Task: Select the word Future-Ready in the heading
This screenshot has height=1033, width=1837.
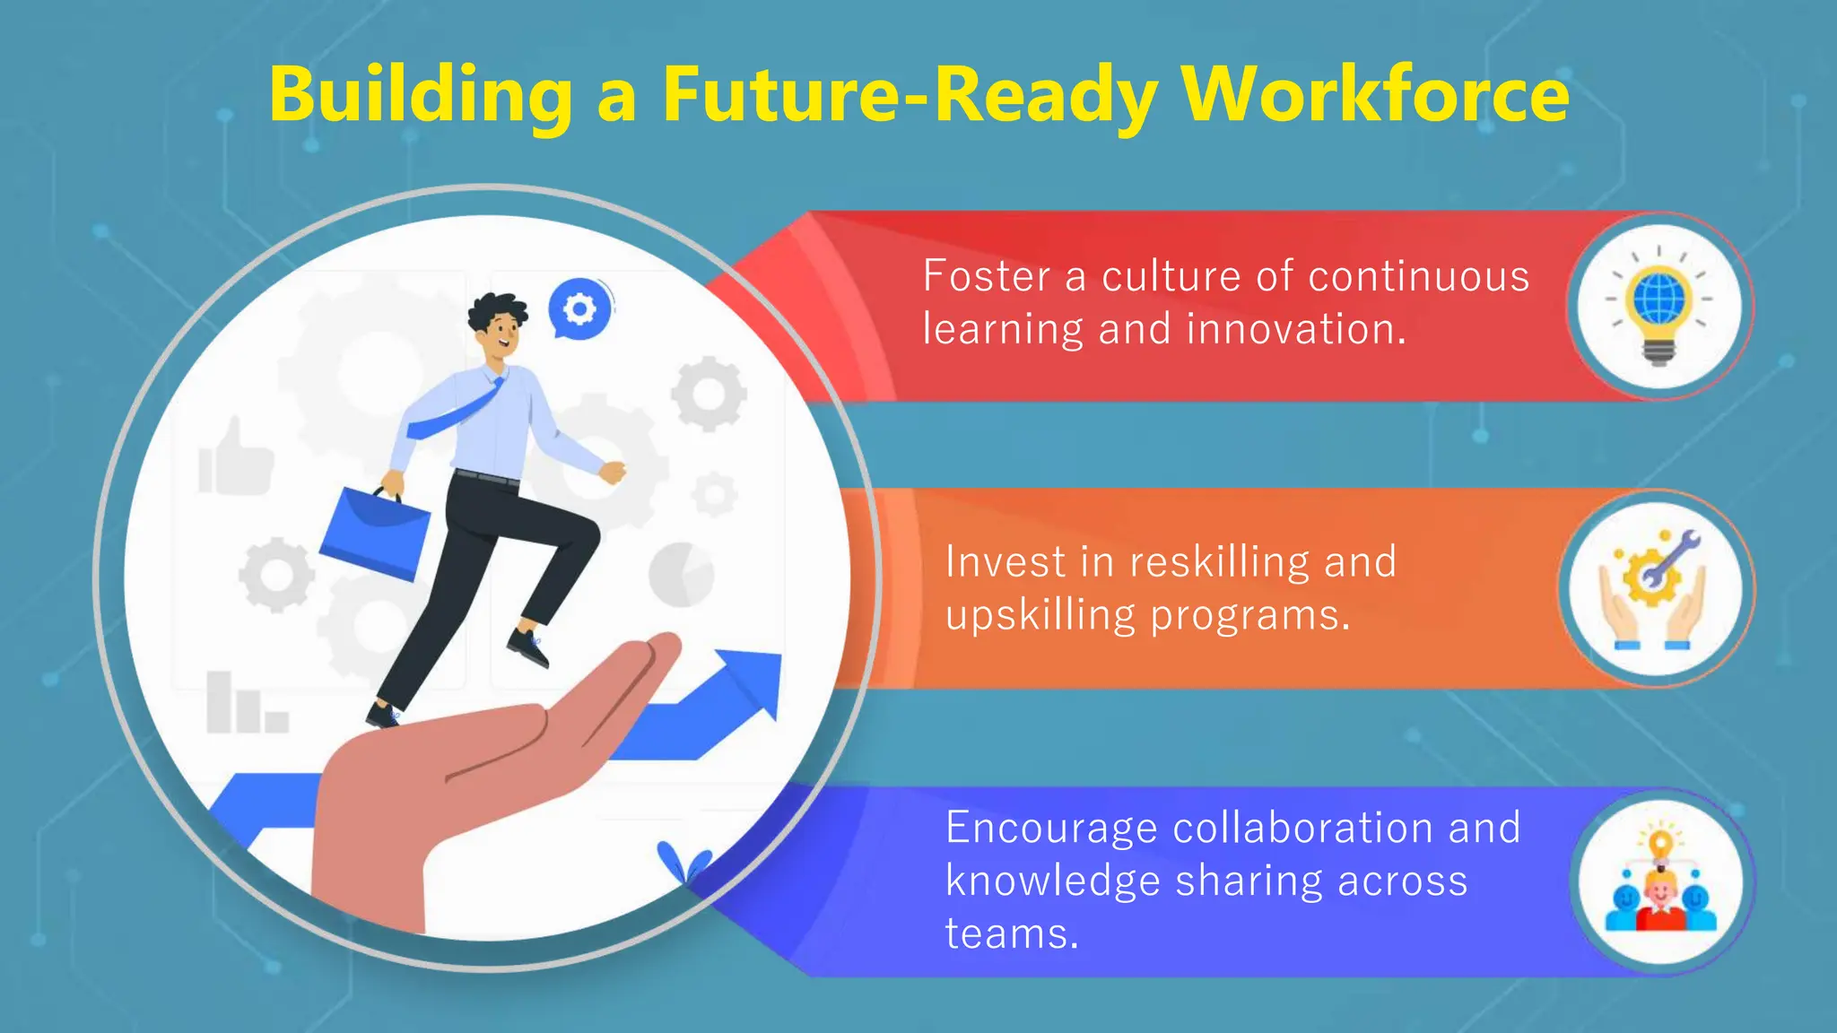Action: (x=910, y=96)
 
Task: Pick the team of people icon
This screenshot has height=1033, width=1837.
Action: (x=1660, y=883)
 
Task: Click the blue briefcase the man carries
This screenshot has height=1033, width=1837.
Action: (x=375, y=533)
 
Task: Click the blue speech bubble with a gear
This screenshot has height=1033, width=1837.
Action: (x=579, y=308)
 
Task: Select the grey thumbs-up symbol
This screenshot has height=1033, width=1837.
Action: (x=234, y=458)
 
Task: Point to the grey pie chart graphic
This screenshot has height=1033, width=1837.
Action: (x=681, y=574)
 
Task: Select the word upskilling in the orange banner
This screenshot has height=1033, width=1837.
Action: (x=1040, y=616)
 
